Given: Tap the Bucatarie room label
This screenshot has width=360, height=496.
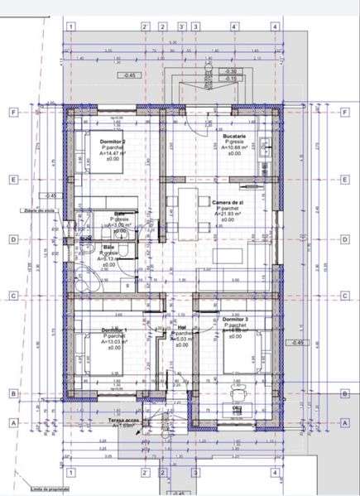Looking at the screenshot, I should click(235, 136).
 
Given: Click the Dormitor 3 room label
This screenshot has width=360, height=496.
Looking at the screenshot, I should click(235, 319).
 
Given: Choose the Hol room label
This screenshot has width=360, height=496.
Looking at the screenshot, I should click(180, 326).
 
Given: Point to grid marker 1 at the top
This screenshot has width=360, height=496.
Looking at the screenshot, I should click(72, 26).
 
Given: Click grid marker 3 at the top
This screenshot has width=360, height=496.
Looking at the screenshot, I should click(195, 26).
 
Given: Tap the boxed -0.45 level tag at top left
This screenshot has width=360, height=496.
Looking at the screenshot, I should click(129, 75).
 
